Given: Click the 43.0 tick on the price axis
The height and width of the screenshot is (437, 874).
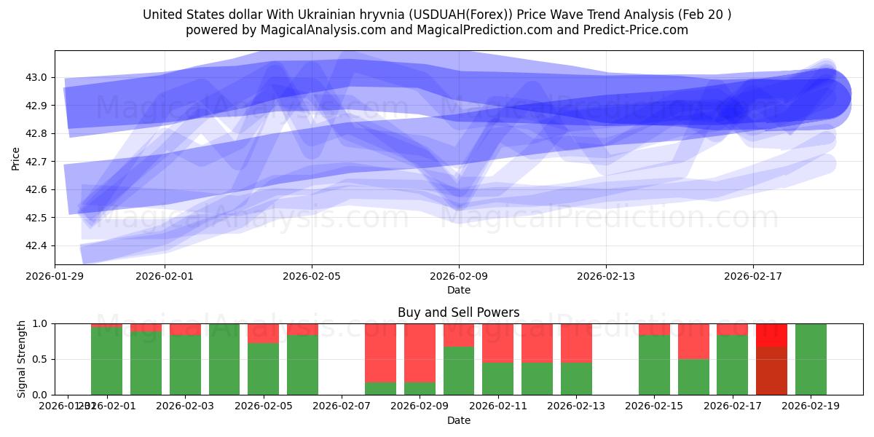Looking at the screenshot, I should click(37, 77).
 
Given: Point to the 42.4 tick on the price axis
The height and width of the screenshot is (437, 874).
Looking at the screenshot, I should click(37, 245).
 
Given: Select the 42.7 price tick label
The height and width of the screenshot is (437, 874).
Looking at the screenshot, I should click(37, 162).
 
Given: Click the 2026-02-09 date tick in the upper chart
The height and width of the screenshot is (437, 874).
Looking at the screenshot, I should click(459, 276).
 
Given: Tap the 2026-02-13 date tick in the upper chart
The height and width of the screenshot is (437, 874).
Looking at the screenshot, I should click(606, 276).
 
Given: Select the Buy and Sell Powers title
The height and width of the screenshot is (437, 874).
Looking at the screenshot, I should click(458, 312).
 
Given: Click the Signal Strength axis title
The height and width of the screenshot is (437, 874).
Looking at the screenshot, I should click(22, 358).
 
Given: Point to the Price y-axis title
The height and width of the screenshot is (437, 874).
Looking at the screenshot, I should click(16, 157).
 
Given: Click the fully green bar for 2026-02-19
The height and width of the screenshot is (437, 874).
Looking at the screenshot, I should click(811, 359).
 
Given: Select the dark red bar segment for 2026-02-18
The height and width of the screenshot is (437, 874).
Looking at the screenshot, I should click(771, 371).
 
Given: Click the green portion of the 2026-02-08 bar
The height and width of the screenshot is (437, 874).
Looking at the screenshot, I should click(381, 388).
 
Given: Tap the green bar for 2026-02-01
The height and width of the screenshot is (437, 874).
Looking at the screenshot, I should click(106, 361).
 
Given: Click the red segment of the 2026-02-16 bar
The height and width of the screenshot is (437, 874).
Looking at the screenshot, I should click(693, 341).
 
